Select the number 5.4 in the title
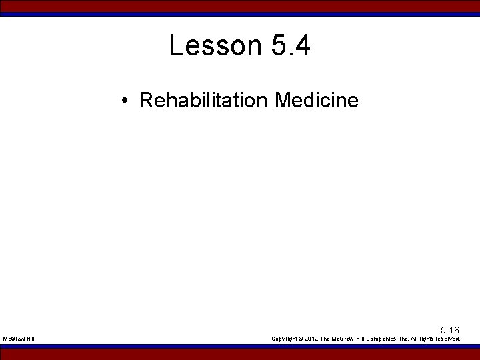click(291, 46)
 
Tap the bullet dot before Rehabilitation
click(125, 101)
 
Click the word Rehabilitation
click(203, 101)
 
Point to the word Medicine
click(316, 101)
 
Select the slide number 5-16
click(449, 331)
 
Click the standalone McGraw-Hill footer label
click(19, 339)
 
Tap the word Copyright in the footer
click(286, 339)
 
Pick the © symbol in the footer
click(301, 339)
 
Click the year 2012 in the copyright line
click(311, 339)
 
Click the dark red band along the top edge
click(240, 5)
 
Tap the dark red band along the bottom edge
click(240, 354)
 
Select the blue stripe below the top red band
click(240, 14)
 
